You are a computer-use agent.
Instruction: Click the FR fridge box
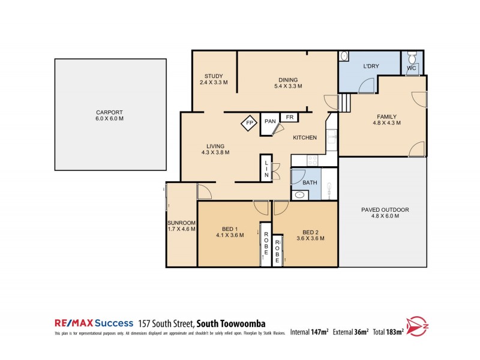(x=290, y=117)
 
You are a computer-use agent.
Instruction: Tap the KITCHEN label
(x=305, y=138)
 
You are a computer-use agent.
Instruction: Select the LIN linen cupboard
(x=266, y=167)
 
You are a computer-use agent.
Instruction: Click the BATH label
(x=310, y=182)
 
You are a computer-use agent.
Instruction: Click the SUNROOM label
(x=181, y=226)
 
